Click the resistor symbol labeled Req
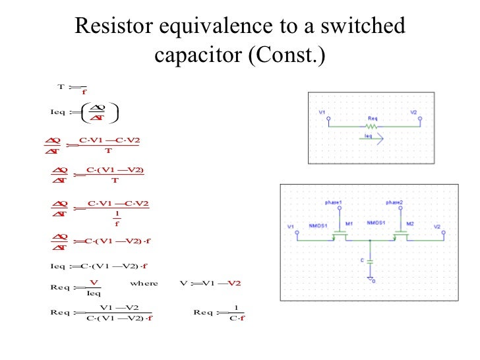(x=373, y=125)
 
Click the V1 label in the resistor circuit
(x=322, y=113)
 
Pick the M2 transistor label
(x=410, y=224)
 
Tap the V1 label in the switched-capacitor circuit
(x=291, y=227)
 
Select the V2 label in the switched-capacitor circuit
(x=437, y=227)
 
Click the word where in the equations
(x=144, y=283)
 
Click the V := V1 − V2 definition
(x=210, y=283)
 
